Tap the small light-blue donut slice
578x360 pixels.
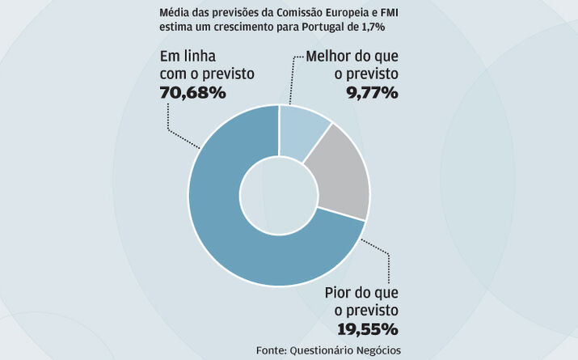(301, 133)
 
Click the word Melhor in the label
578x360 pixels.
(330, 57)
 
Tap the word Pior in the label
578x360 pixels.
(340, 293)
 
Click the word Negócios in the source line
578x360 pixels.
(376, 349)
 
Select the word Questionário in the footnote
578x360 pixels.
(321, 349)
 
